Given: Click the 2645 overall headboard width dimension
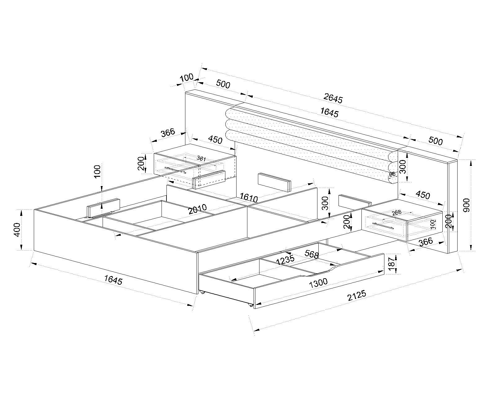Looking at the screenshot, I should pyautogui.click(x=333, y=99).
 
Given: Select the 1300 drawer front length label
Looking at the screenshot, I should pyautogui.click(x=318, y=282).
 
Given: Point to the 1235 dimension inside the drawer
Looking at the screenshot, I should pyautogui.click(x=285, y=260).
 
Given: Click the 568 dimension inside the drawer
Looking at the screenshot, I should pyautogui.click(x=312, y=254).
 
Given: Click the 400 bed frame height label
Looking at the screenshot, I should pyautogui.click(x=17, y=230).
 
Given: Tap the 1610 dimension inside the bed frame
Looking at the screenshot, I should pyautogui.click(x=249, y=198).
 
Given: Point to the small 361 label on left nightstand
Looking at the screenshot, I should pyautogui.click(x=201, y=158).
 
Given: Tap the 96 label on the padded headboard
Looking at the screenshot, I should pyautogui.click(x=392, y=174).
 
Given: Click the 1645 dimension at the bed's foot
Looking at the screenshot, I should pyautogui.click(x=113, y=280).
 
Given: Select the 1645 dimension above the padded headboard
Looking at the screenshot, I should pyautogui.click(x=329, y=113).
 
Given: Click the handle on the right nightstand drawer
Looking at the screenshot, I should pyautogui.click(x=383, y=226).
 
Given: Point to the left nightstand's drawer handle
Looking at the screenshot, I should pyautogui.click(x=175, y=170).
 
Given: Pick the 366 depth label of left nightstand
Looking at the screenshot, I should pyautogui.click(x=168, y=132).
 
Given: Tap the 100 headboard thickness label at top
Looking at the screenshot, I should pyautogui.click(x=186, y=77).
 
